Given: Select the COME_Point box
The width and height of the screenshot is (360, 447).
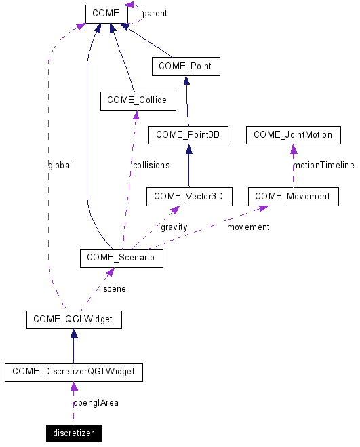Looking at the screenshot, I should click(x=186, y=66).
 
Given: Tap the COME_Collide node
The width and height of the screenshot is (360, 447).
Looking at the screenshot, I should click(x=137, y=102).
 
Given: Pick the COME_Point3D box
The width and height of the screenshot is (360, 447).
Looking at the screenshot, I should click(x=188, y=135).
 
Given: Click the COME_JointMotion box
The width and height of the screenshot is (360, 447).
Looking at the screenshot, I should click(x=293, y=135).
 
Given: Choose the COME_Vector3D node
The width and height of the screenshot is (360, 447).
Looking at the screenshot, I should click(x=189, y=197).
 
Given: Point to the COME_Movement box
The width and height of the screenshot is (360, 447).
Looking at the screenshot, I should click(x=293, y=197).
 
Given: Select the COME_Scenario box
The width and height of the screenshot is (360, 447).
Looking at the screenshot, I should click(x=121, y=258).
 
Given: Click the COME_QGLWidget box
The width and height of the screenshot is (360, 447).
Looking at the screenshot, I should click(x=74, y=319).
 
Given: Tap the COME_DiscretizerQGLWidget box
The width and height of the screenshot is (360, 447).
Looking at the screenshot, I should click(x=73, y=372).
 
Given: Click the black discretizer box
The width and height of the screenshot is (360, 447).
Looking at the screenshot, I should click(x=73, y=433).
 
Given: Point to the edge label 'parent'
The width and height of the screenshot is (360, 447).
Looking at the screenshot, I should click(x=155, y=14).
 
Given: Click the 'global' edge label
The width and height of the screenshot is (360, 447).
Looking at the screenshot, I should click(x=60, y=165).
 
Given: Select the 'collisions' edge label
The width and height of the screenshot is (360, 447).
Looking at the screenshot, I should click(x=151, y=165).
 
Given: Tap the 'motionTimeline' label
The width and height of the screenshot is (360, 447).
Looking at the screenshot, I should click(x=323, y=165).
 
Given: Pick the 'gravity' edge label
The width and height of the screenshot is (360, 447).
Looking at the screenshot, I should click(x=174, y=227).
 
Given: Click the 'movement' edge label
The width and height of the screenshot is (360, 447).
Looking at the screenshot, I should click(x=248, y=227).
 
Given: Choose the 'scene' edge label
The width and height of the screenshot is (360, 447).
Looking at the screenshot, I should click(x=114, y=288).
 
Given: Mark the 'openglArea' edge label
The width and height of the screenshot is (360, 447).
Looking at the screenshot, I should click(x=96, y=402).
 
